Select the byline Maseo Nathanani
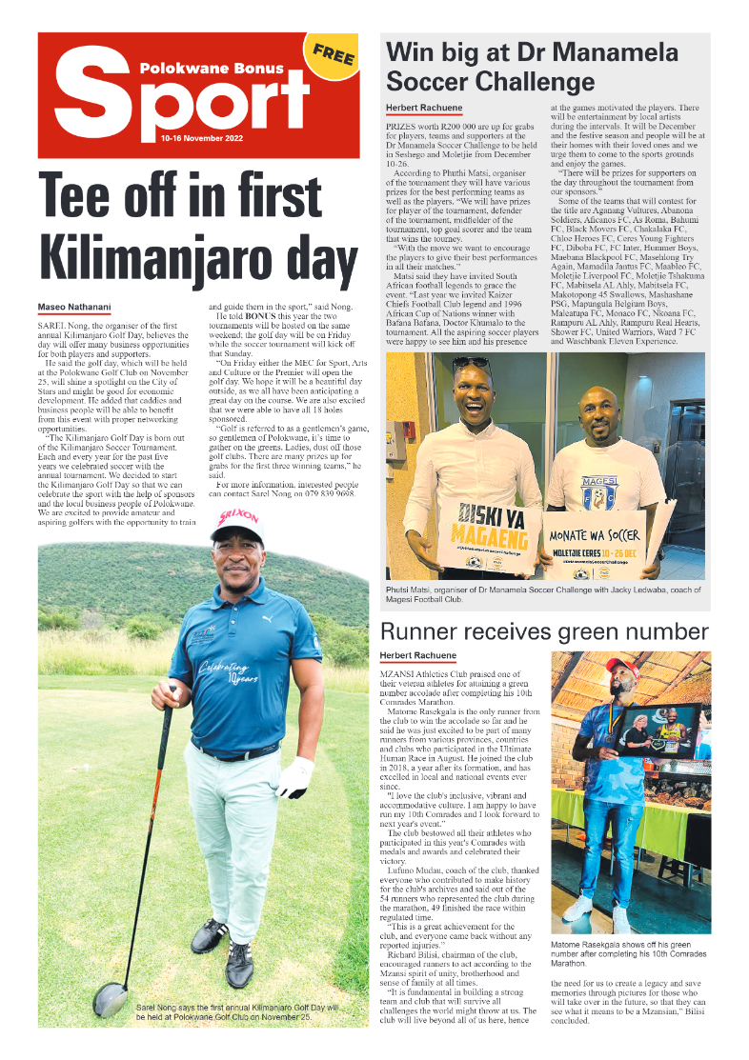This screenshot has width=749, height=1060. (x=74, y=307)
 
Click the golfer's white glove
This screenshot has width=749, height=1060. (x=294, y=777)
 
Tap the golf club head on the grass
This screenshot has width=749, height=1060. (x=110, y=1000)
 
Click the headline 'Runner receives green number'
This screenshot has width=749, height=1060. (x=544, y=631)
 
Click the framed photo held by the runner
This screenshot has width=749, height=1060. (x=658, y=733)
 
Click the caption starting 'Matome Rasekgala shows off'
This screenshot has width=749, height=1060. (x=622, y=950)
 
